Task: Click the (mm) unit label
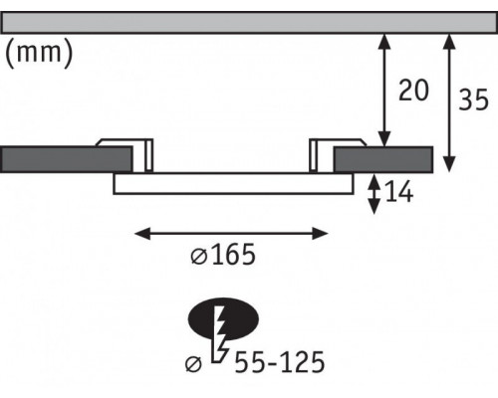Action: tap(39, 53)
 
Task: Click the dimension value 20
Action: tap(413, 91)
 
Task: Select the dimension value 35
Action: tap(473, 99)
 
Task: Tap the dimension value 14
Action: tap(399, 191)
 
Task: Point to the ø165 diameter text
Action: tap(223, 255)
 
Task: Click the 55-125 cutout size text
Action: tap(280, 362)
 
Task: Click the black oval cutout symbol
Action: tap(223, 319)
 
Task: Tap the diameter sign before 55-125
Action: tap(193, 364)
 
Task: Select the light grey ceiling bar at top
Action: tap(249, 23)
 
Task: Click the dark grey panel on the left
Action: tap(67, 159)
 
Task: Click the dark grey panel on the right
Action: tap(383, 159)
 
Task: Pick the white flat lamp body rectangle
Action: tap(233, 183)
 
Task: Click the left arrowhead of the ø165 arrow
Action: tap(142, 234)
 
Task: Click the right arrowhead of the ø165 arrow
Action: tap(321, 234)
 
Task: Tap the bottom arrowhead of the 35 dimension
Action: tap(449, 165)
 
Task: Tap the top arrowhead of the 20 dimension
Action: tap(384, 42)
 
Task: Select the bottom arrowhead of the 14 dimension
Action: tap(374, 207)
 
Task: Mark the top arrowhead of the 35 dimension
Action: tap(449, 42)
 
